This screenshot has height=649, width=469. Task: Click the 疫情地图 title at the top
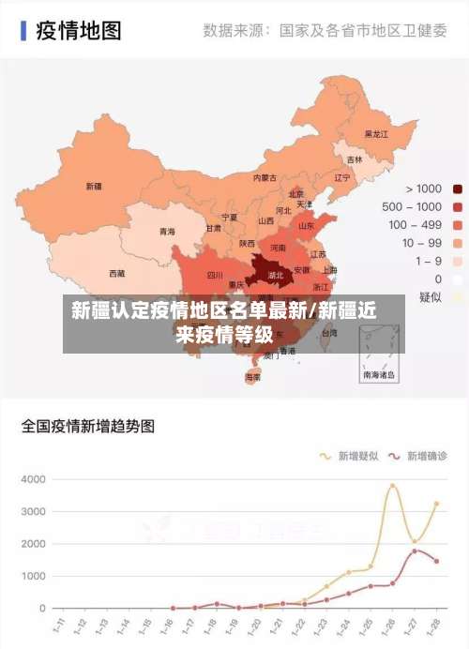pos(79,30)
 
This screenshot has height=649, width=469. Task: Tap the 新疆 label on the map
pos(94,186)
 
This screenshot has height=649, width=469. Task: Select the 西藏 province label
pos(90,274)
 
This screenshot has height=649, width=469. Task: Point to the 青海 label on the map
pos(167,231)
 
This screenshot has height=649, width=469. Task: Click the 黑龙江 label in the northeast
pos(376,134)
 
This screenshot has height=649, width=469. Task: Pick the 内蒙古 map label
pos(265,177)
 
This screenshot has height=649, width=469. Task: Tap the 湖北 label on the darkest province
pos(277,276)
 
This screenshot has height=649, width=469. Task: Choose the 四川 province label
pos(215,276)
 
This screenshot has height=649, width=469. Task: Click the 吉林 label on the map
pos(355,159)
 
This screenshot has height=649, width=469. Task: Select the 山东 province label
pos(306,225)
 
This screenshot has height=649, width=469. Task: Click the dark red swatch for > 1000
pos(458,189)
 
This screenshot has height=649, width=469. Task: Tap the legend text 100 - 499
pos(416,224)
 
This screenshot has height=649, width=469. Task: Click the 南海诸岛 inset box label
pos(379,374)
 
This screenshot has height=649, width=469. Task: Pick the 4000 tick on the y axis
pos(33,479)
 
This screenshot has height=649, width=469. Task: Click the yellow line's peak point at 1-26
pos(393,486)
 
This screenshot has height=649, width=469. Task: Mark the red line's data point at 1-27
pos(415,551)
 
